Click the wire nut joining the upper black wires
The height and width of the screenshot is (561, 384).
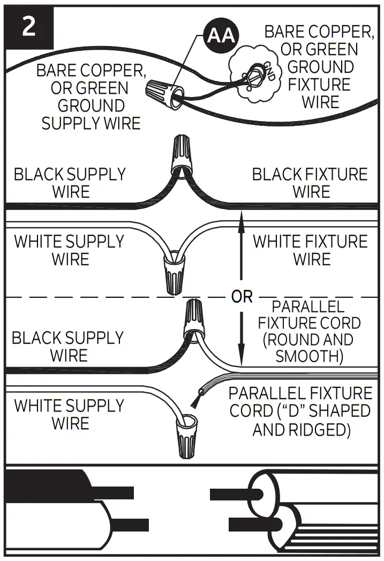click(180, 155)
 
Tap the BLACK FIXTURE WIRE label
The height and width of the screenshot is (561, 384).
click(310, 183)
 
